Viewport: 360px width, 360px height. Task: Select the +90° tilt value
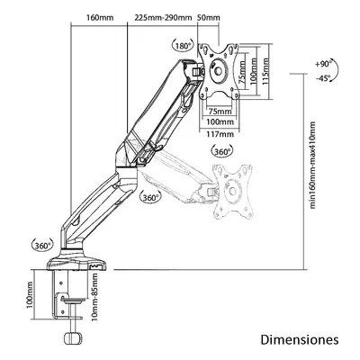pyautogui.click(x=323, y=64)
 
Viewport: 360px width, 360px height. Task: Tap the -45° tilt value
pyautogui.click(x=323, y=77)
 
